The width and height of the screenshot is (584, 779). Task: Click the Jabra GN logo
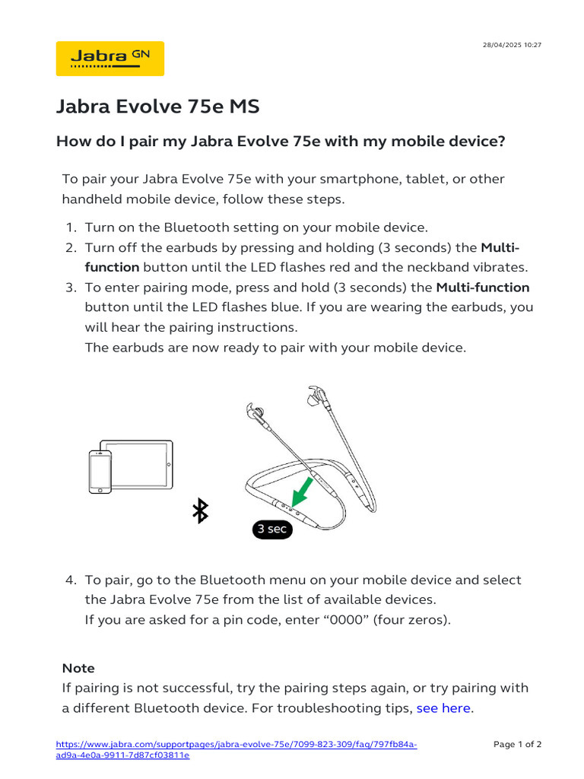point(109,58)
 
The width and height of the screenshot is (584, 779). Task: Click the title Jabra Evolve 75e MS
point(157,107)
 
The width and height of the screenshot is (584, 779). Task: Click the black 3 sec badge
point(271,529)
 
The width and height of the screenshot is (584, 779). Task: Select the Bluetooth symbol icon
point(200,511)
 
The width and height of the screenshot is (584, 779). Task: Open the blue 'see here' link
point(443,708)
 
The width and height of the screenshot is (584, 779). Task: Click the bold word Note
point(78,668)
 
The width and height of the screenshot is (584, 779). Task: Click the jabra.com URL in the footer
point(236,749)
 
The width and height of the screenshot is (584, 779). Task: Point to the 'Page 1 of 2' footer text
point(517,744)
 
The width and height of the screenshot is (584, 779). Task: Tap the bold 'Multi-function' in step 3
point(482,287)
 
